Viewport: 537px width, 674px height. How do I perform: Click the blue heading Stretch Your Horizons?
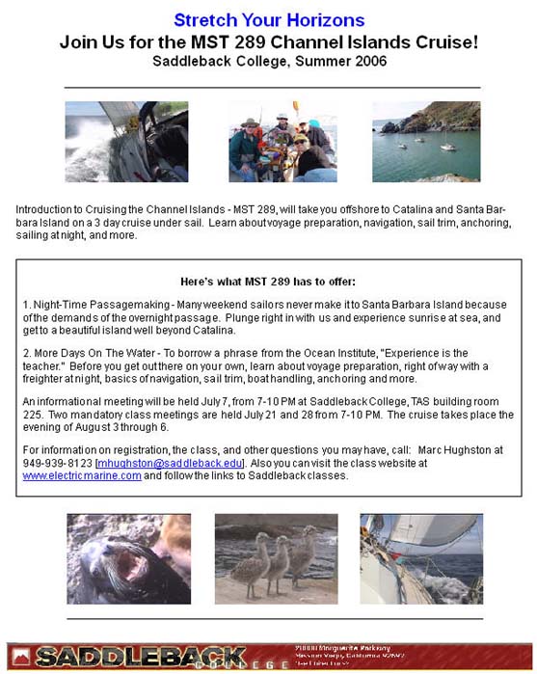point(269,20)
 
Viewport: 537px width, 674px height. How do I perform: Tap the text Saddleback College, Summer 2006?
point(269,62)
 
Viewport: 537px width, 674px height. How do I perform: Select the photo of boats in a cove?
point(425,142)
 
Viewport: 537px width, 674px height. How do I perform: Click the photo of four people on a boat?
point(282,142)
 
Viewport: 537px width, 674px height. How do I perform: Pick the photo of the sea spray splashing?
point(113,142)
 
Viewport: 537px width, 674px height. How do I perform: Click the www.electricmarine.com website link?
point(82,476)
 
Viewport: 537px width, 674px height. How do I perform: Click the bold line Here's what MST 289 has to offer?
point(269,282)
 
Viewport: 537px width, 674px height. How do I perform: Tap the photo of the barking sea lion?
point(128,558)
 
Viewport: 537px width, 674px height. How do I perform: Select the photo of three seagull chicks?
point(277,558)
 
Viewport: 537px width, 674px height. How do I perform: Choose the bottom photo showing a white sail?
point(421,558)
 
